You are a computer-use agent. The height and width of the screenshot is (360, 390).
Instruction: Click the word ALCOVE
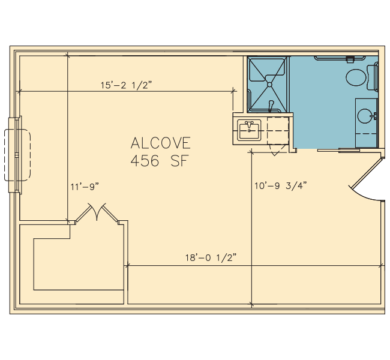161,143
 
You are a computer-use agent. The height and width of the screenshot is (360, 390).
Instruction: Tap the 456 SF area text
158,161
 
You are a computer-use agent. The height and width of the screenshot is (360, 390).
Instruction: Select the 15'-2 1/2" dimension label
126,85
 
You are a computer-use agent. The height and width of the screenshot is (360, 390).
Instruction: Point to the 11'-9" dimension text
85,187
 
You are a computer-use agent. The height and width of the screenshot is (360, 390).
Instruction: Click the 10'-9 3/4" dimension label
281,185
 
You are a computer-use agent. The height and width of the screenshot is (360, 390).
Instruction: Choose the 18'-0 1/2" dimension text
211,257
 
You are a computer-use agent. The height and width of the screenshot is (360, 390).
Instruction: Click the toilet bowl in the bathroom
356,77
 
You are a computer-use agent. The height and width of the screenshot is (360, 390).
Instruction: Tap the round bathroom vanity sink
365,116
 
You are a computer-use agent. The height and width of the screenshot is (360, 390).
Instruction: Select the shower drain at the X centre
269,85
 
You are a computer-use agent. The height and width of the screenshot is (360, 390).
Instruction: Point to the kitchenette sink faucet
249,124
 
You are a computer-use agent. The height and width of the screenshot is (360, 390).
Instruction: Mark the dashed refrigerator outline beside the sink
278,131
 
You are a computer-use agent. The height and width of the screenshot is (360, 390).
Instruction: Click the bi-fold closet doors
97,213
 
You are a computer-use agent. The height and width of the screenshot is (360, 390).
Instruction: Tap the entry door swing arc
364,194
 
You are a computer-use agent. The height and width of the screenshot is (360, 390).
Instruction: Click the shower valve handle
271,106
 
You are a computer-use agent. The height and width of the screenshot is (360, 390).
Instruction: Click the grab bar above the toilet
340,59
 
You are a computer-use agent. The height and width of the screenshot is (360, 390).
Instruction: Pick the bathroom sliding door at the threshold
339,150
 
